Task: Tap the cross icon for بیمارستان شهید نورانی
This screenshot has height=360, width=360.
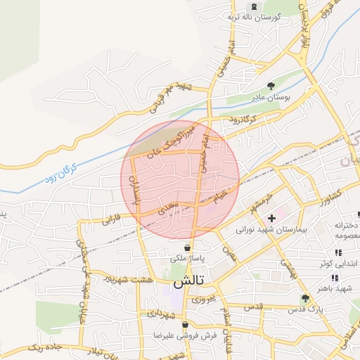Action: tap(272, 219)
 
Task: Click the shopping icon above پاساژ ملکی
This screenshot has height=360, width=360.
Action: tap(188, 247)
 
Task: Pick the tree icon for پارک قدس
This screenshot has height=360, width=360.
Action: tap(304, 298)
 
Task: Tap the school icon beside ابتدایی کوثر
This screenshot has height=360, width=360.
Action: tap(338, 252)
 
